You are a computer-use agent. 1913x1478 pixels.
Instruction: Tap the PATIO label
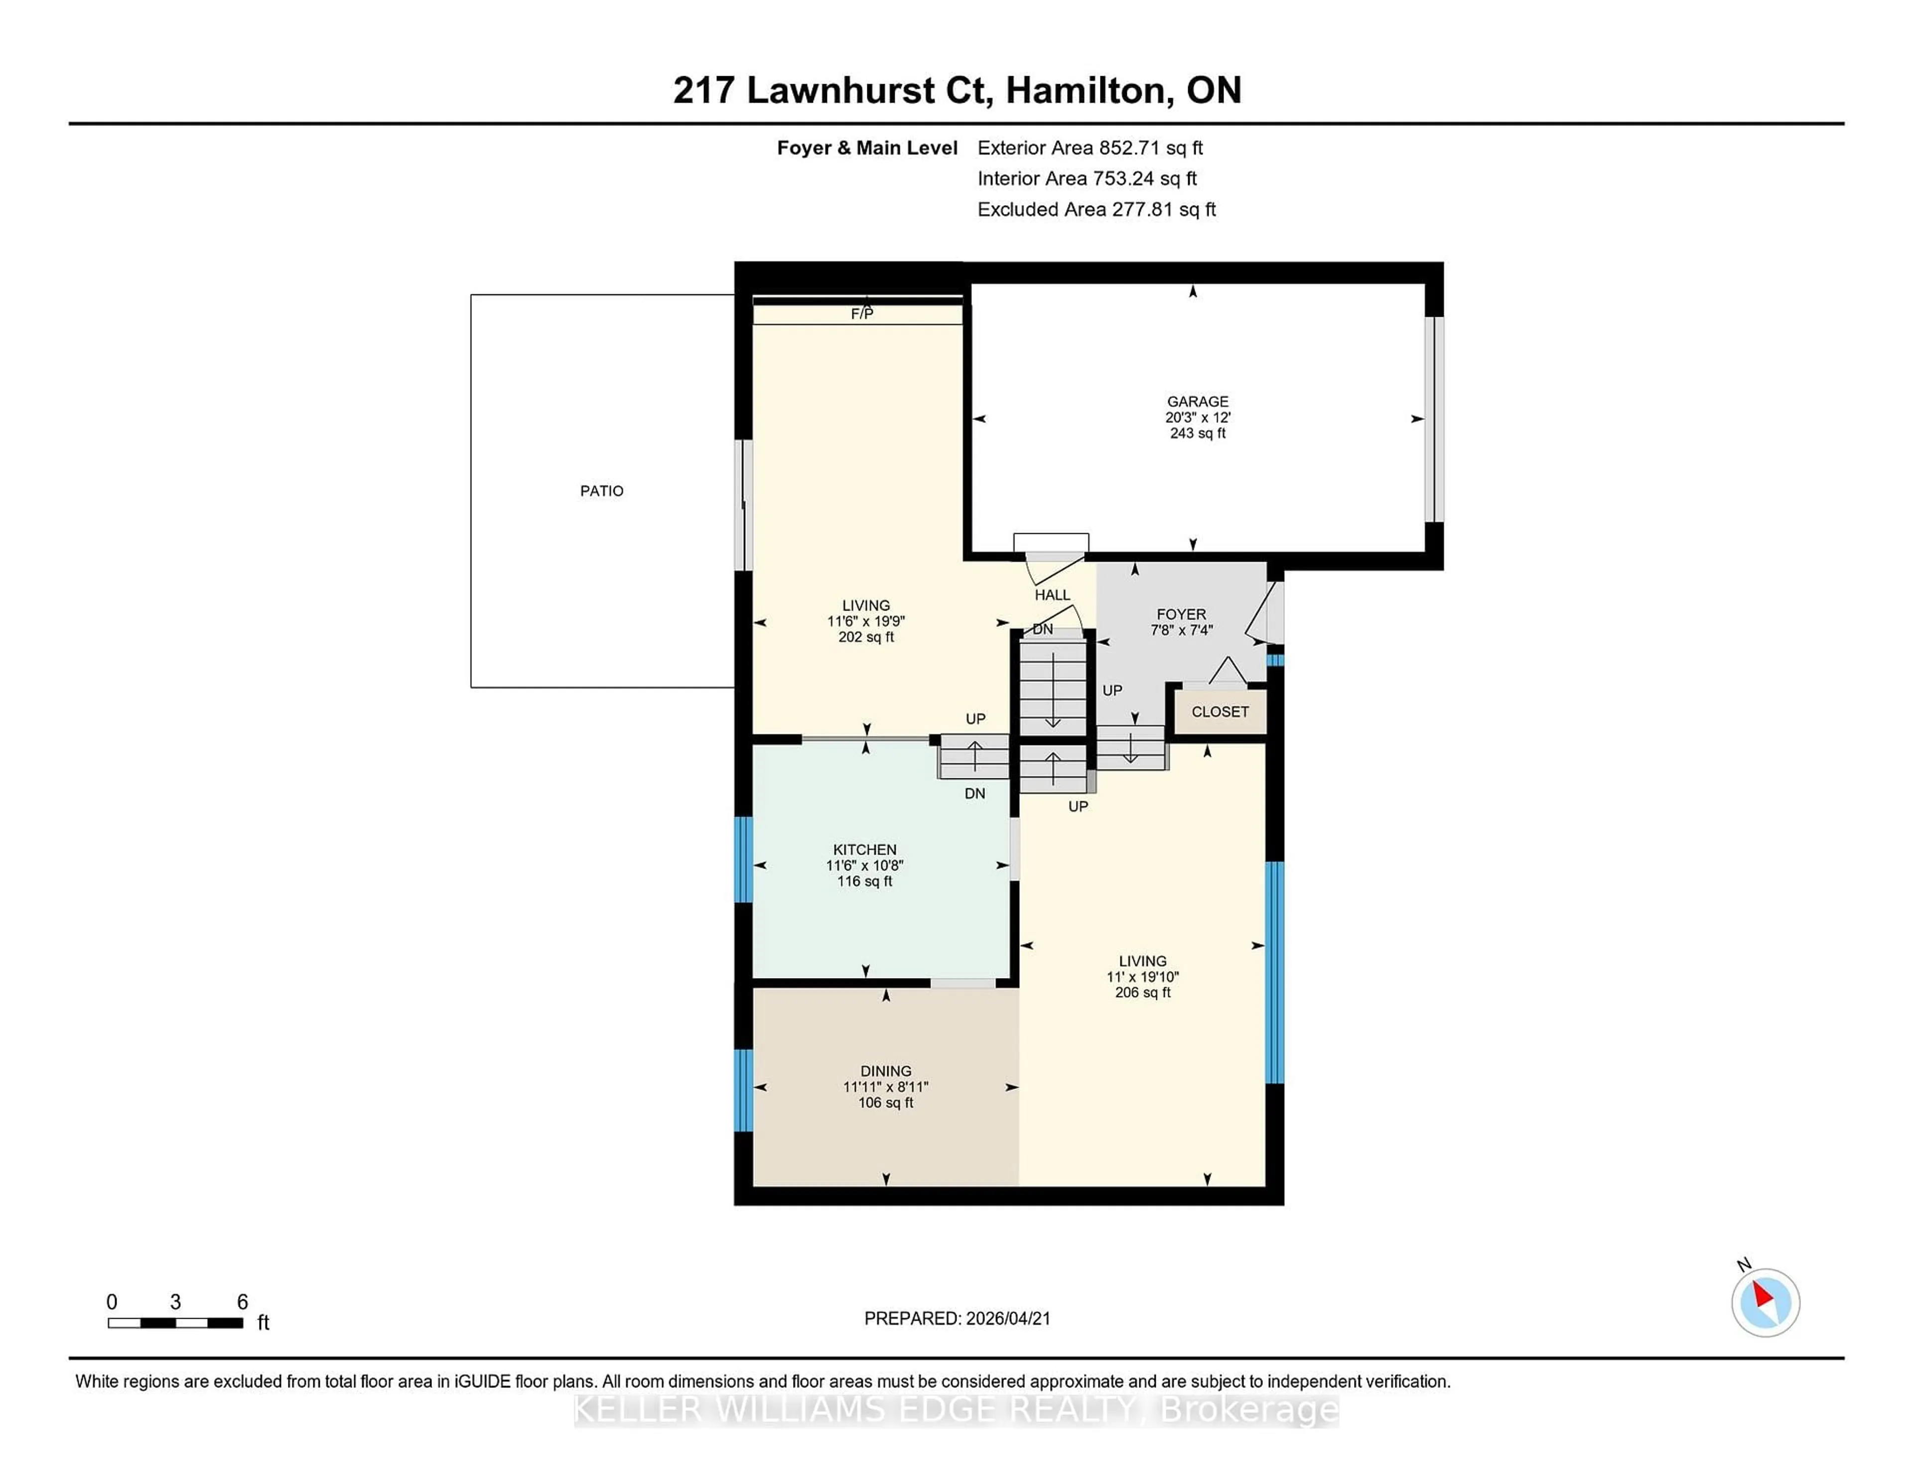pos(602,491)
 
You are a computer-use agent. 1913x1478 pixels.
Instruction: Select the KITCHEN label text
pos(864,850)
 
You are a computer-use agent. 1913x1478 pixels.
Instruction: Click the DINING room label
pos(886,1071)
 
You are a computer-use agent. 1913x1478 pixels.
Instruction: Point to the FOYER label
pos(1181,614)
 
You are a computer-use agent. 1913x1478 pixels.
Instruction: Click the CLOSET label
pos(1219,712)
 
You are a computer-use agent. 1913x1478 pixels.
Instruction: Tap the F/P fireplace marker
pos(862,313)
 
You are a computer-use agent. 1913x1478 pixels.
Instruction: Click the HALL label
pos(1052,595)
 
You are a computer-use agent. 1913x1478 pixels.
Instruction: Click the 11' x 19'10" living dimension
pos(1142,976)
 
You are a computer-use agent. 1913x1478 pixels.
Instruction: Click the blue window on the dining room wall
pos(743,1090)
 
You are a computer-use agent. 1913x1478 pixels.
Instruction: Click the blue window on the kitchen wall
pos(743,859)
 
